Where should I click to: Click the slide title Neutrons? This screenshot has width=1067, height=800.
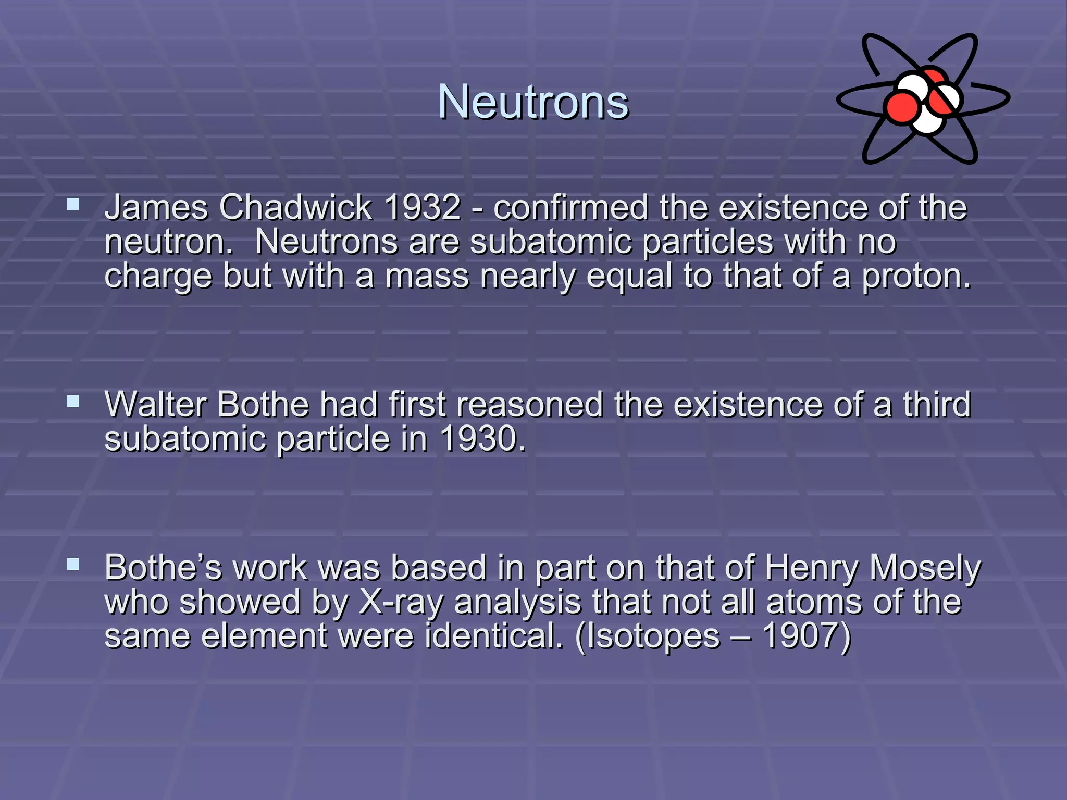point(533,102)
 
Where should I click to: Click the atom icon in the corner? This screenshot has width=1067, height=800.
point(923,99)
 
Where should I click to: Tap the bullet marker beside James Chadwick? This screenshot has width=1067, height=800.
point(73,204)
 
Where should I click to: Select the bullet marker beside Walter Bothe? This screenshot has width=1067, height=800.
point(73,401)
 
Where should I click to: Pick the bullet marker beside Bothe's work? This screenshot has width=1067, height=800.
point(73,564)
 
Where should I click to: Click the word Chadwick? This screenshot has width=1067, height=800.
point(295,207)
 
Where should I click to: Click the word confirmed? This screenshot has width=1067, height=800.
point(570,207)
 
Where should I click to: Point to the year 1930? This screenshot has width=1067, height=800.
point(482,439)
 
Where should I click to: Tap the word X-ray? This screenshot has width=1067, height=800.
point(401,602)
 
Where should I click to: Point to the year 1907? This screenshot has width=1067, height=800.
point(805,636)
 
